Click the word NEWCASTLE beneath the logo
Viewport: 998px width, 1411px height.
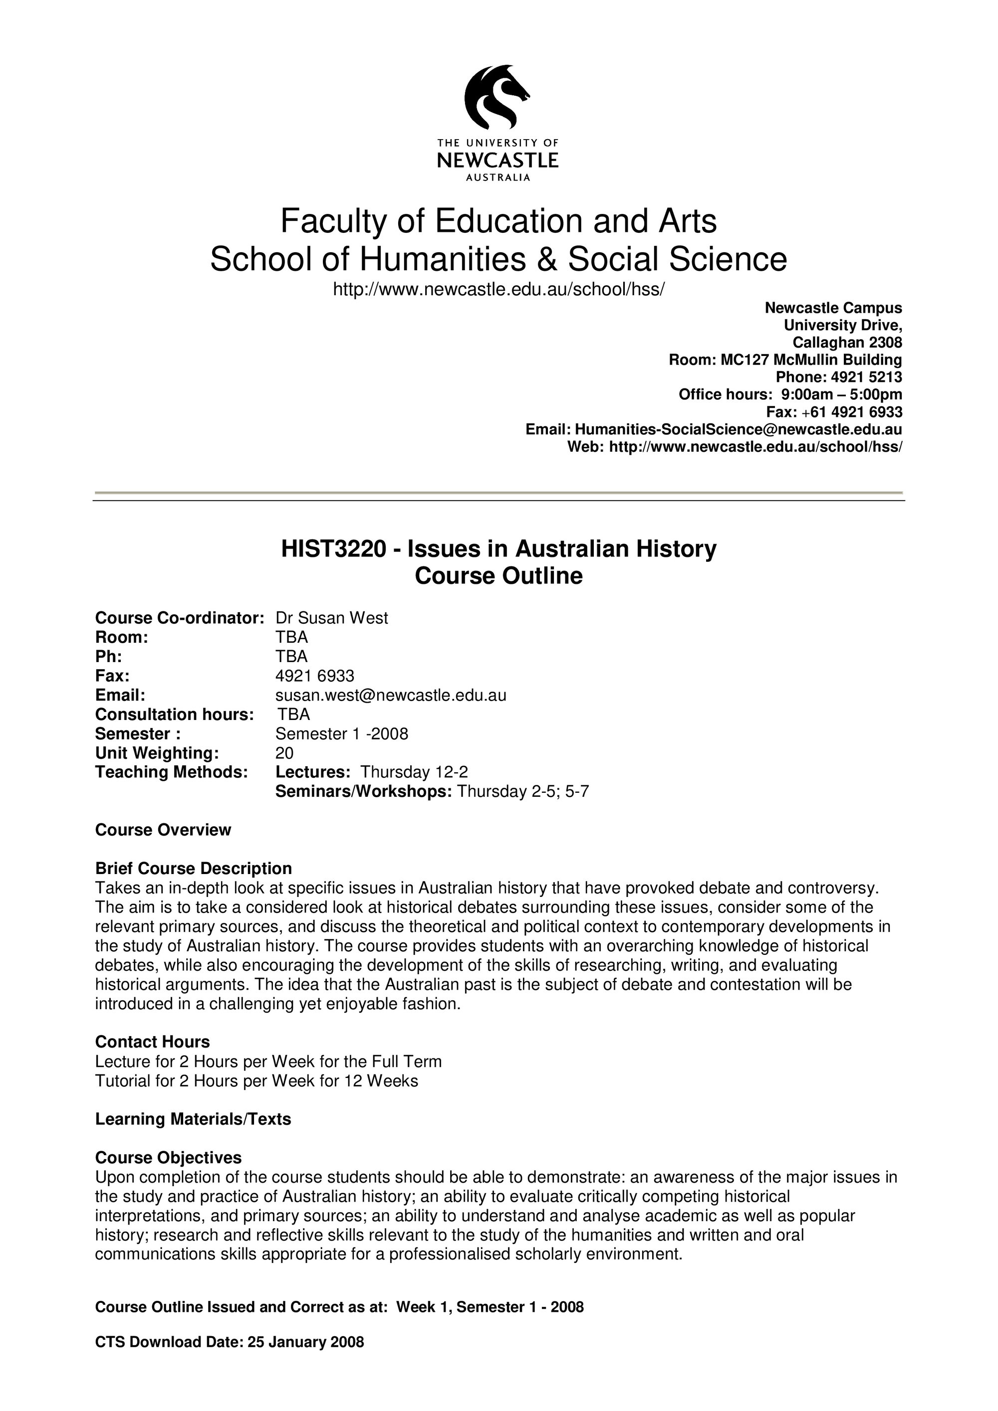tap(498, 161)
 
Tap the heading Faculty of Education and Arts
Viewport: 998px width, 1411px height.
tap(498, 221)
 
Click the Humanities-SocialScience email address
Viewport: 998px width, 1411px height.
tap(738, 429)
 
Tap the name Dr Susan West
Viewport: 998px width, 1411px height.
tap(331, 618)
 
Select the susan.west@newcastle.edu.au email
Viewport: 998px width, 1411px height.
tap(391, 695)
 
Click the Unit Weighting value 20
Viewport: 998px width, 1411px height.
tap(285, 753)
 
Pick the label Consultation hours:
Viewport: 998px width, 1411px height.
tap(175, 714)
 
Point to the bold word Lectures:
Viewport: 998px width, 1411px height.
tap(312, 772)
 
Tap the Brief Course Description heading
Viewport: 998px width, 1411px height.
tap(193, 869)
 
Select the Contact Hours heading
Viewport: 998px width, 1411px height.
tap(153, 1042)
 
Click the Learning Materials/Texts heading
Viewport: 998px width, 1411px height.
tap(193, 1119)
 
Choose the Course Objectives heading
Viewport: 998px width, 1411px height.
tap(169, 1158)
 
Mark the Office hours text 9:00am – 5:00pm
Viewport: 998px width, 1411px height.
tap(841, 394)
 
